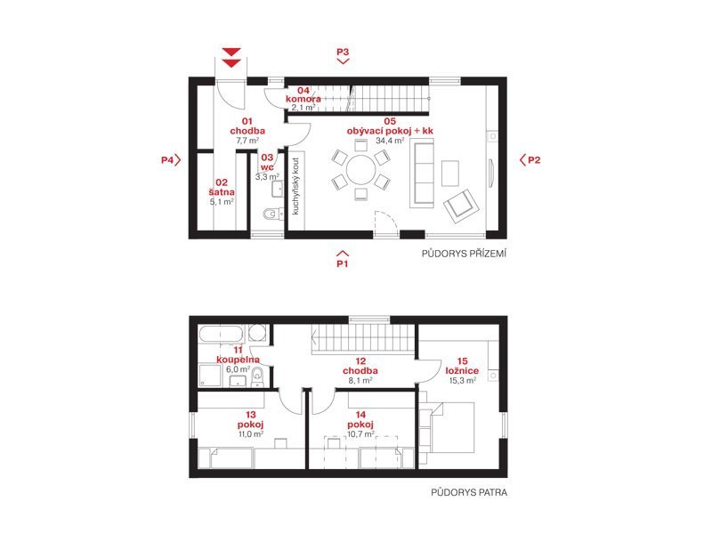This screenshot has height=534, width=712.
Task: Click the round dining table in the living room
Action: point(361,170)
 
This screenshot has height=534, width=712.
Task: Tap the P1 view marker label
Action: point(343,263)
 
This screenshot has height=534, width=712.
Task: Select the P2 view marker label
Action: point(534,160)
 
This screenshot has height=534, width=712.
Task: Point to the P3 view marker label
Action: point(343,52)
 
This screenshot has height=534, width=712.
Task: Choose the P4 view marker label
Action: point(167,160)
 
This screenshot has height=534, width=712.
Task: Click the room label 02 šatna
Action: point(222,187)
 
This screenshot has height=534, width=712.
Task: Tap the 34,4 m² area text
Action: point(390,141)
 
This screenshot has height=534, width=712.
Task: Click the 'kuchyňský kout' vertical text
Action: point(295,186)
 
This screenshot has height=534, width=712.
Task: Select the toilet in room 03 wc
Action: point(271,213)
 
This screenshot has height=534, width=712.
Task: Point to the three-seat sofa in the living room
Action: point(422,174)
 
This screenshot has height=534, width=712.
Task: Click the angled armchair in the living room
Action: point(461,206)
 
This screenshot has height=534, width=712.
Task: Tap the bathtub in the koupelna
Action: point(222,335)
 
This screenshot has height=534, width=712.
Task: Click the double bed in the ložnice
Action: point(447,428)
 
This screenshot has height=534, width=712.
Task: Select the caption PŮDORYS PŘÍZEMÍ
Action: point(464,254)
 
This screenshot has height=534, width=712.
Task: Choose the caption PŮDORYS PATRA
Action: point(469,492)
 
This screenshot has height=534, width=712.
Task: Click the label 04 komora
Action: point(303,94)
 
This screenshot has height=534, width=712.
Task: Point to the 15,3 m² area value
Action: point(462,381)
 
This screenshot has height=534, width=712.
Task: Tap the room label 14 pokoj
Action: point(360,419)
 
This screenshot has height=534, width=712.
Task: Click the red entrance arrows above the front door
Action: point(231,58)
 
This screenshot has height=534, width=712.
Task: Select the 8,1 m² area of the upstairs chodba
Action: point(360,381)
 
